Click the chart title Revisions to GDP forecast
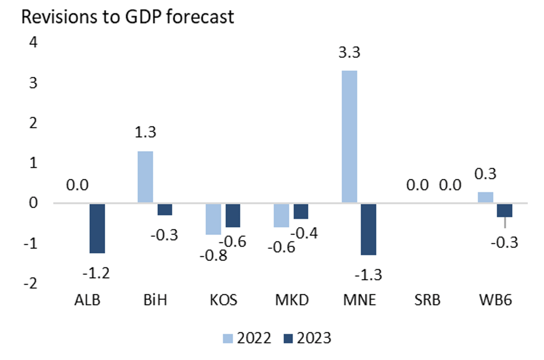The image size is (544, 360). click(127, 17)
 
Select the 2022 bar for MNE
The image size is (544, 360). click(349, 136)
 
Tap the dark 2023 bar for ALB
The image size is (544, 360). click(97, 228)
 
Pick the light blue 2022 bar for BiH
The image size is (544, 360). click(145, 177)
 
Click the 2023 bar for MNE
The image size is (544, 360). click(368, 229)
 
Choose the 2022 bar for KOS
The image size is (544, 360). click(213, 219)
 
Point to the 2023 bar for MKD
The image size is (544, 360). click(301, 211)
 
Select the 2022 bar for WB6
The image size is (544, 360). click(485, 197)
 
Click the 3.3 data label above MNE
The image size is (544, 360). click(349, 52)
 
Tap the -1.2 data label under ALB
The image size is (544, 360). click(96, 273)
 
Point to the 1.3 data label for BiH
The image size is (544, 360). click(145, 132)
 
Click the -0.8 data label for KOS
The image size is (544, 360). click(213, 255)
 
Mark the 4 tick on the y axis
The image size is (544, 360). click(33, 42)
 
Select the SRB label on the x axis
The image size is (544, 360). click(427, 300)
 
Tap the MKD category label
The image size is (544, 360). click(292, 300)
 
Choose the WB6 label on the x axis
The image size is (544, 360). click(495, 300)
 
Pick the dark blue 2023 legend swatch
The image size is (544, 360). click(288, 339)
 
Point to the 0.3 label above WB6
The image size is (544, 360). click(485, 174)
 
